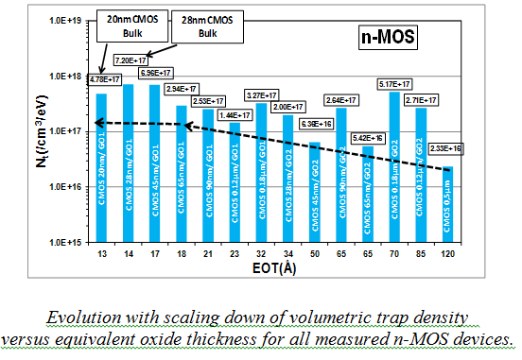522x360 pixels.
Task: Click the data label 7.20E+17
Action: click(x=130, y=60)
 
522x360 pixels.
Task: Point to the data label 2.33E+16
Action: click(x=447, y=148)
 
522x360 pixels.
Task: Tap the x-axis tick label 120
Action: click(x=447, y=255)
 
